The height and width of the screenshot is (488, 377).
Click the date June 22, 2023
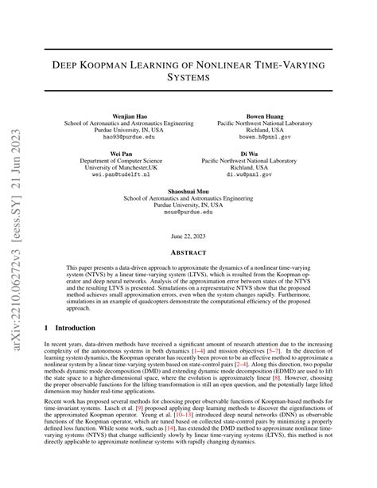(188, 236)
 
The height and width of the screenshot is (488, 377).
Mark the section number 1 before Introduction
(47, 327)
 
